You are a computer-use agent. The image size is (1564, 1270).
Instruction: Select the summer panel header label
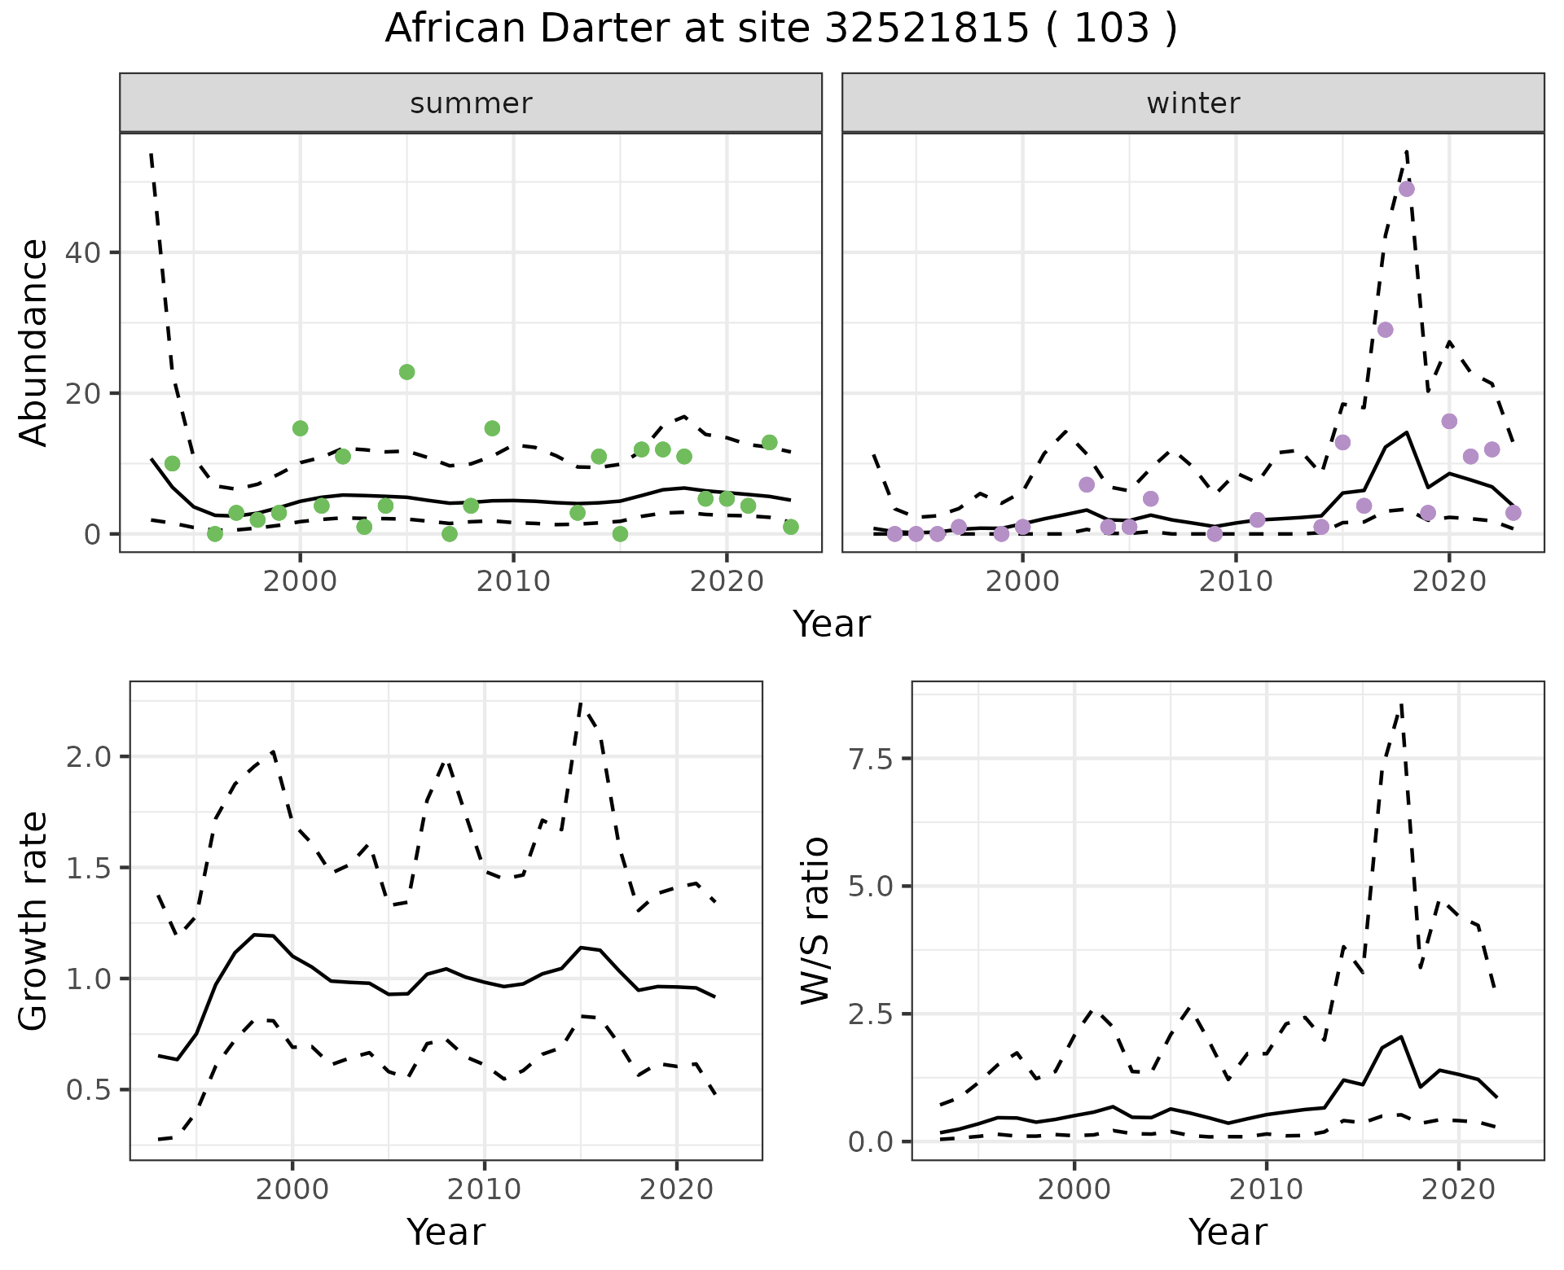point(471,103)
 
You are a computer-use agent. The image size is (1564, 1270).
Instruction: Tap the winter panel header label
point(1193,103)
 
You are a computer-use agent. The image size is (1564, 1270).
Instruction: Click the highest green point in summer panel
point(406,372)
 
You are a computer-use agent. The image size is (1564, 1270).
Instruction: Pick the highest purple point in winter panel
point(1406,189)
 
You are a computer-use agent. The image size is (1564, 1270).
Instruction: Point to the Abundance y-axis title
point(34,342)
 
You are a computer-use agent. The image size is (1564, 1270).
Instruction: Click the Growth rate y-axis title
point(34,921)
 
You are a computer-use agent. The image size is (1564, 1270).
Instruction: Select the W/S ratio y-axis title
point(815,921)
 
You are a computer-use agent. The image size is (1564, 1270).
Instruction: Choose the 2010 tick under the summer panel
point(513,582)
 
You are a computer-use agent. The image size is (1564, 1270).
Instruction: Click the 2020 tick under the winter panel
point(1448,582)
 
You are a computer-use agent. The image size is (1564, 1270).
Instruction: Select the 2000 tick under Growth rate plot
point(292,1189)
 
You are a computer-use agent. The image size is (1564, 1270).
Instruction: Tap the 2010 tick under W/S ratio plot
point(1266,1189)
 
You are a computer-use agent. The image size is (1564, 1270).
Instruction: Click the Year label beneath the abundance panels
point(832,624)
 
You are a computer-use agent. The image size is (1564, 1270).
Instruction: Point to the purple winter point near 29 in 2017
point(1385,330)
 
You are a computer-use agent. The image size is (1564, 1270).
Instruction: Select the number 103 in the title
point(1112,29)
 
